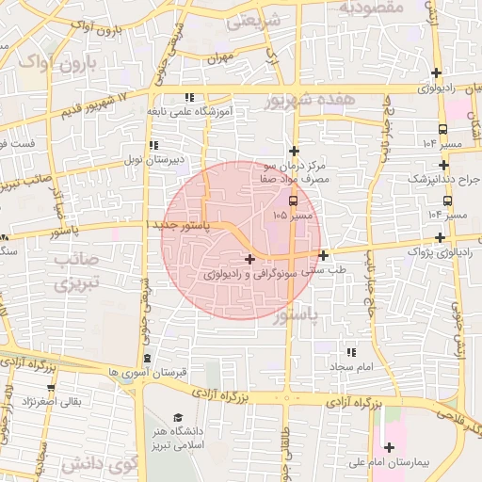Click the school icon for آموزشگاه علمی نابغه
[190, 97]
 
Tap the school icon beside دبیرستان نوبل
[153, 146]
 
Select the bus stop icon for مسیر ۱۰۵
[293, 201]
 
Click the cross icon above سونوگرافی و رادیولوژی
[249, 259]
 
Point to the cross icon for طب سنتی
[323, 255]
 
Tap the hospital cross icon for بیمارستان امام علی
[389, 447]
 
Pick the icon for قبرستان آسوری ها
[149, 359]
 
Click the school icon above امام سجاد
[352, 352]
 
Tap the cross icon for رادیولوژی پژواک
[440, 238]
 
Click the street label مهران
[220, 58]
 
